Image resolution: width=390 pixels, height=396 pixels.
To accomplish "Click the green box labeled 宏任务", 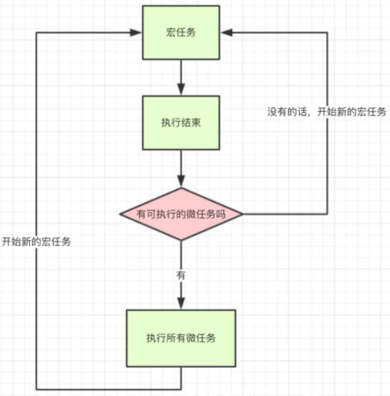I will (x=181, y=32).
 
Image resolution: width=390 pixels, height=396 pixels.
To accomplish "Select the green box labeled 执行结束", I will (x=181, y=123).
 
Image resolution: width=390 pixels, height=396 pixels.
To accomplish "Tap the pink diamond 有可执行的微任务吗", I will (x=181, y=214).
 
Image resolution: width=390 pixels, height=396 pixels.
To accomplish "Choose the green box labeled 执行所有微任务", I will (x=181, y=337).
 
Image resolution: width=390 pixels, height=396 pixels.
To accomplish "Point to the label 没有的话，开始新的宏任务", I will (x=326, y=112).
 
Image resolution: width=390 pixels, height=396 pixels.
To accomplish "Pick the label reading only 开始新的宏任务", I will (x=36, y=241).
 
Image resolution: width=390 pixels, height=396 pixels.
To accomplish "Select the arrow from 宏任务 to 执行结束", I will (x=181, y=77).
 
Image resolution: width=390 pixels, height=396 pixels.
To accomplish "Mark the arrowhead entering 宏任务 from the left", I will (x=137, y=32).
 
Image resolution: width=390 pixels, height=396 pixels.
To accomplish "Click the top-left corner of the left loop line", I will (x=37, y=32).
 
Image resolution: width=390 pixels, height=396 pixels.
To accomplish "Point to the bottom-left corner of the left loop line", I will (x=37, y=388).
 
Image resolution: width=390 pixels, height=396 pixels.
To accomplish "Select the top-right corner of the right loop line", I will (x=327, y=32).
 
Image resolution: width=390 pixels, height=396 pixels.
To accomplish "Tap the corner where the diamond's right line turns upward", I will (x=327, y=214).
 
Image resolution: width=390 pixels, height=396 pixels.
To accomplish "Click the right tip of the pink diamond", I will (x=242, y=214).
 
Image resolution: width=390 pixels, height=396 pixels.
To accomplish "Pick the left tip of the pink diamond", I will (x=120, y=214).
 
